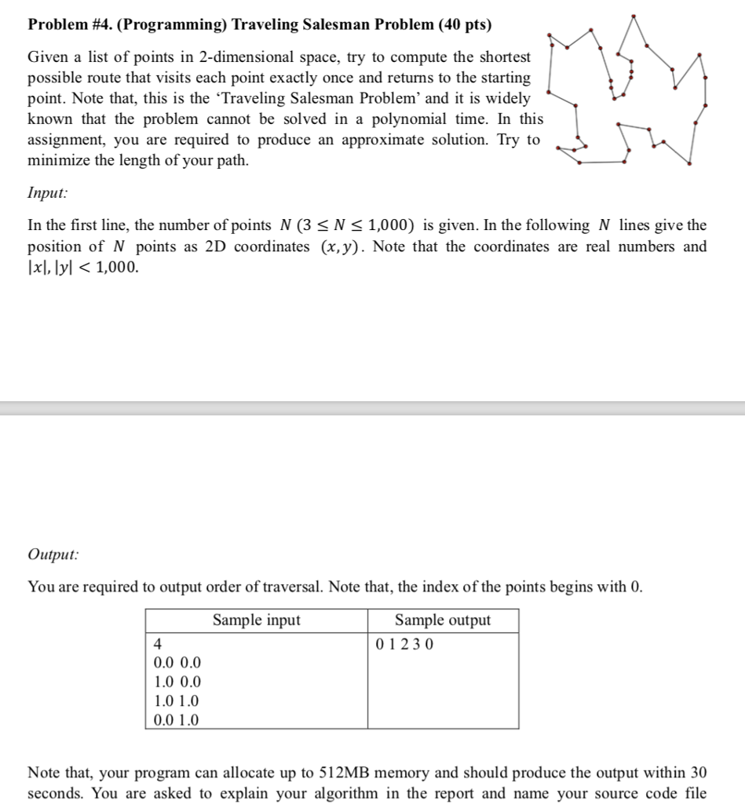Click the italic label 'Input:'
pyautogui.click(x=47, y=192)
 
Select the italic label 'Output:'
pyautogui.click(x=53, y=554)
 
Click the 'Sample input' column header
pyautogui.click(x=256, y=620)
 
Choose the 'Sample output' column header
pyautogui.click(x=443, y=620)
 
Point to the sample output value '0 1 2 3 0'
pyautogui.click(x=405, y=645)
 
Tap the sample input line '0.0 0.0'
pyautogui.click(x=177, y=663)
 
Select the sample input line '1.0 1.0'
pyautogui.click(x=177, y=700)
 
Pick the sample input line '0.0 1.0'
pyautogui.click(x=177, y=719)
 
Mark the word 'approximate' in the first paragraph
pyautogui.click(x=378, y=140)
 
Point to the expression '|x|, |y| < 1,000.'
pyautogui.click(x=84, y=267)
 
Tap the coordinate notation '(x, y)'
pyautogui.click(x=339, y=247)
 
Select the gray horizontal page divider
pyautogui.click(x=372, y=407)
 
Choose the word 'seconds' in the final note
pyautogui.click(x=56, y=793)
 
